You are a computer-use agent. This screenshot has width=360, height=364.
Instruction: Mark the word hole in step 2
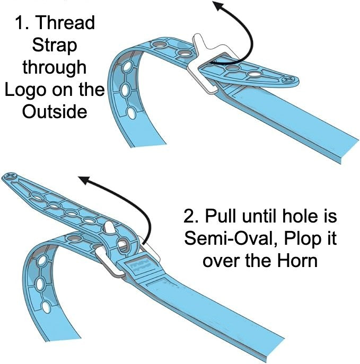pyautogui.click(x=304, y=217)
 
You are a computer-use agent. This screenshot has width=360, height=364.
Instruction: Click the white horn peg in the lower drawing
pyautogui.click(x=110, y=228)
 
